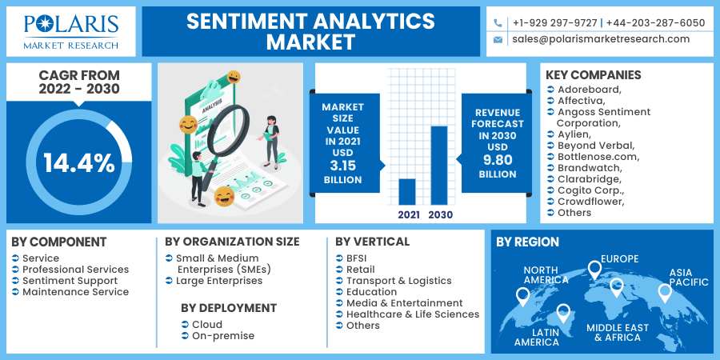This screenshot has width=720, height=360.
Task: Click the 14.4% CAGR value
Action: [x=79, y=163]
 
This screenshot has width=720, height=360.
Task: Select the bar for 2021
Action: [x=407, y=191]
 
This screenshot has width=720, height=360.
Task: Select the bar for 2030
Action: [x=439, y=165]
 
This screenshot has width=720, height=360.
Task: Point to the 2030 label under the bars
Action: [x=440, y=214]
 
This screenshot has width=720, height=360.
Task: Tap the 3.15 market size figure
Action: [x=342, y=166]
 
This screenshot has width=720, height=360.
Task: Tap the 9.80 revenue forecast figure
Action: [x=498, y=160]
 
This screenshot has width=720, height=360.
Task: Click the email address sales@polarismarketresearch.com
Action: [x=601, y=38]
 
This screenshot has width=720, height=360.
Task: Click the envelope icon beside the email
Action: [x=498, y=39]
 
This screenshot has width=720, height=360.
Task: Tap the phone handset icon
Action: [x=498, y=23]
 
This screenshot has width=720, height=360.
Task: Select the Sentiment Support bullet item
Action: [x=70, y=281]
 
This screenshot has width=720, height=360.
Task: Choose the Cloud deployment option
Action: [x=207, y=325]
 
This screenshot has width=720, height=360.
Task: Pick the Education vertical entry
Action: [x=371, y=292]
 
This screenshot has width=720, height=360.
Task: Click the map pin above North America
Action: [x=523, y=296]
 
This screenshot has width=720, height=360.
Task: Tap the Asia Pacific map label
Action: [x=689, y=278]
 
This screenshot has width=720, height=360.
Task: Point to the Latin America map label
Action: [x=537, y=337]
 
